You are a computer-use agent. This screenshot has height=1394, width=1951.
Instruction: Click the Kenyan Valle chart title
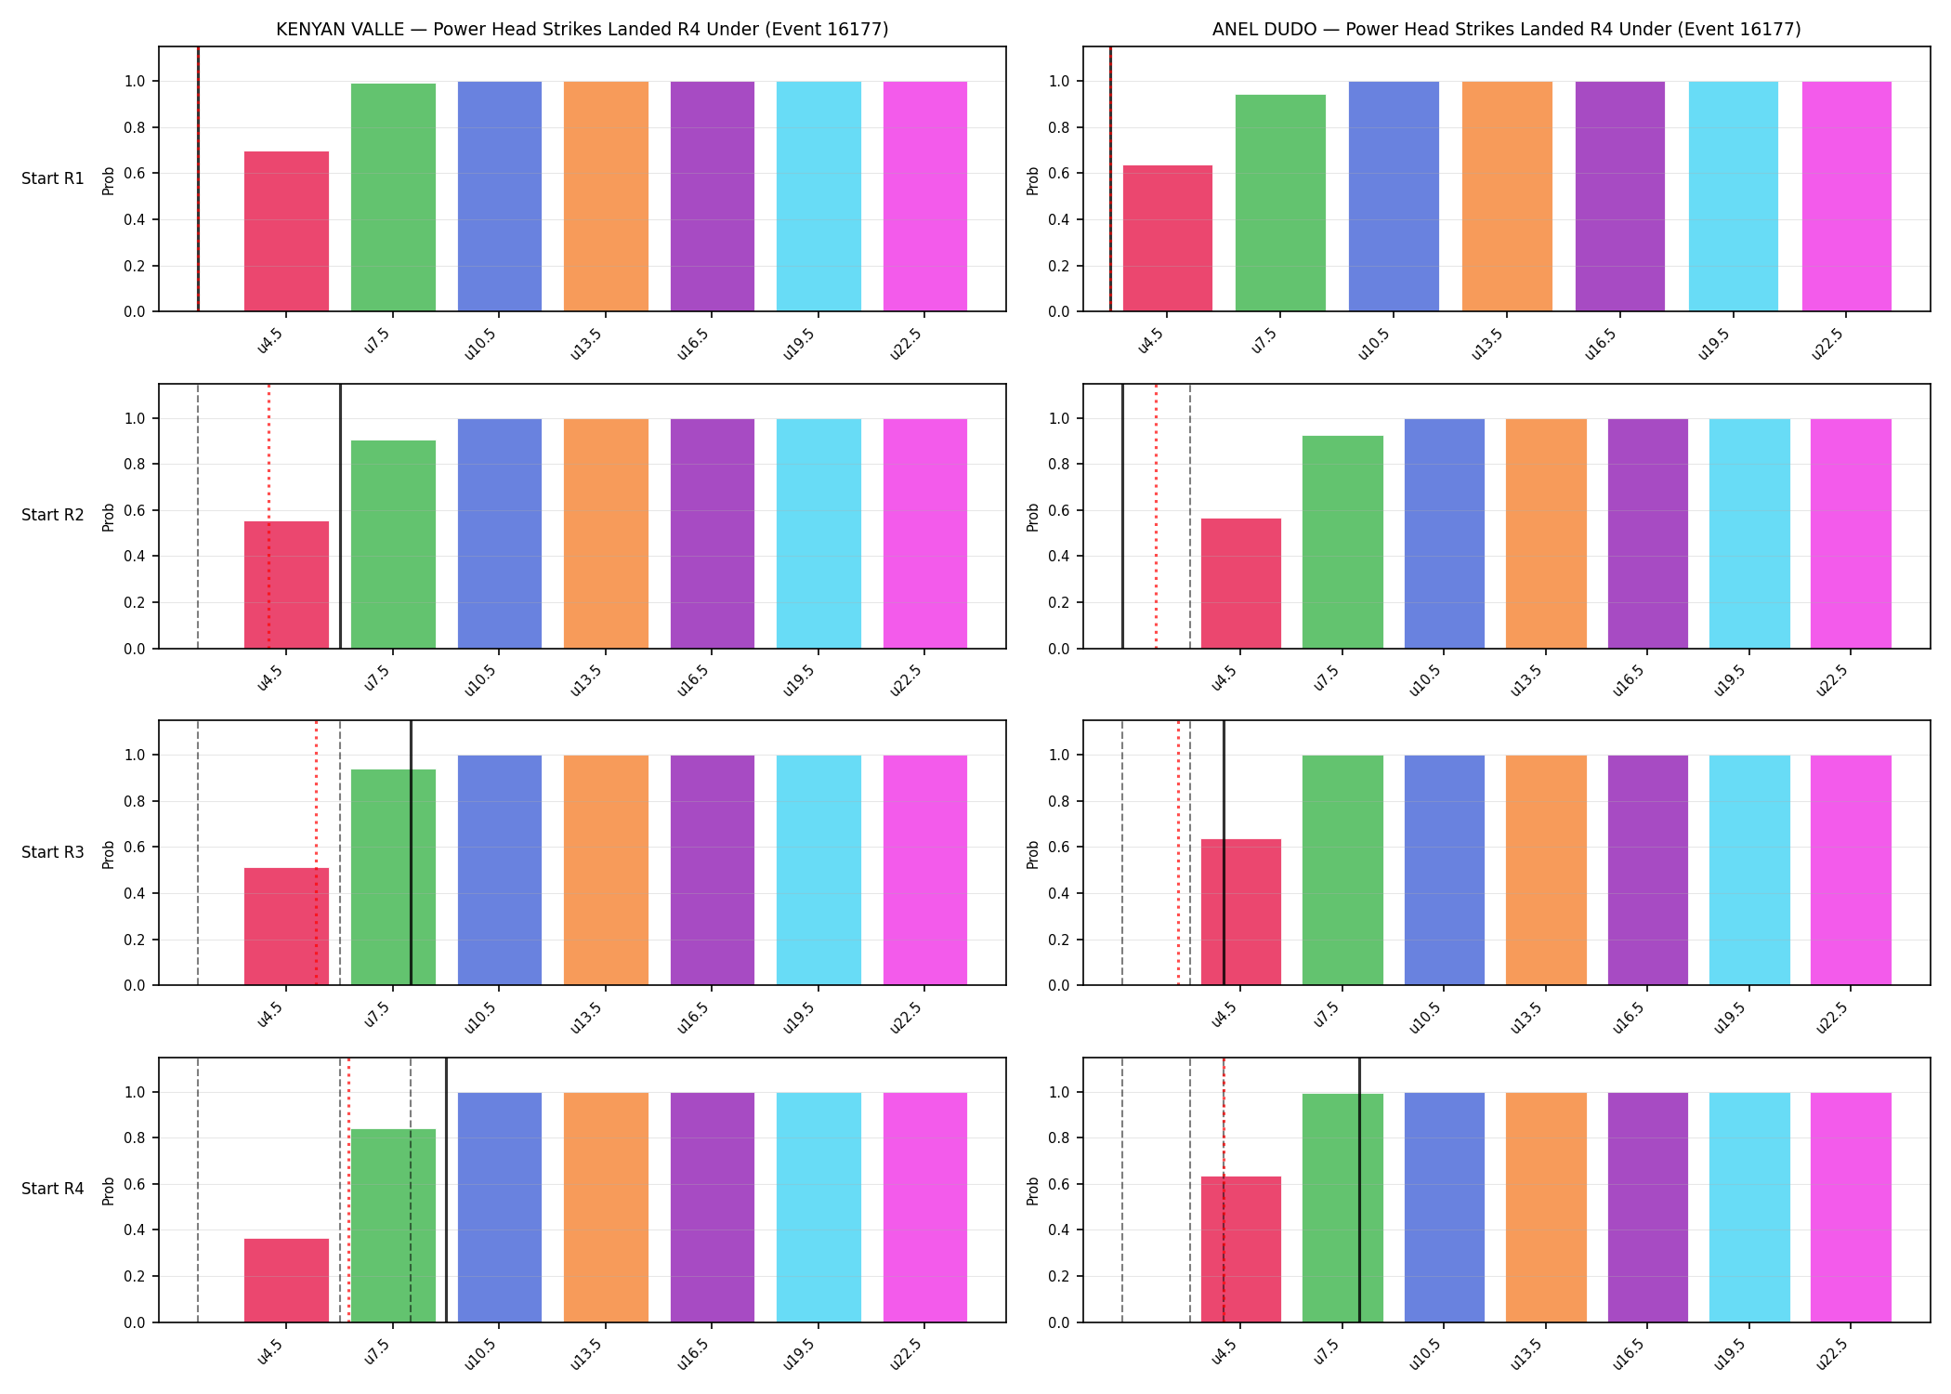[582, 29]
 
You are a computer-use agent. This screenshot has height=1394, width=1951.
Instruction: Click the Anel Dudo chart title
[1506, 29]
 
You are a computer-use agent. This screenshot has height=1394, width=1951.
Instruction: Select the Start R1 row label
[53, 178]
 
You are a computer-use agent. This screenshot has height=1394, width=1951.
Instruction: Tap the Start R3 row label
[53, 852]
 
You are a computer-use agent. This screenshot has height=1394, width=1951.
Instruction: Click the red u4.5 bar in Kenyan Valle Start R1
[286, 231]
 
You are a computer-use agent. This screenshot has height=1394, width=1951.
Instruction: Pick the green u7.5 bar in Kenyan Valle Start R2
[393, 545]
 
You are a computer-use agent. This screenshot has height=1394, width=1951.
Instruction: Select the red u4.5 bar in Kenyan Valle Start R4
[286, 1281]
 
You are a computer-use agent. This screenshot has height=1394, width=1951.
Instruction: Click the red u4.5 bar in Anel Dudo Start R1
[1168, 239]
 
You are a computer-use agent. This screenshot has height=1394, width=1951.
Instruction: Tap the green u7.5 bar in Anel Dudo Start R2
[1342, 542]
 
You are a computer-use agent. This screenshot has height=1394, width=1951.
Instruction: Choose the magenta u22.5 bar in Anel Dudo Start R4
[1851, 1207]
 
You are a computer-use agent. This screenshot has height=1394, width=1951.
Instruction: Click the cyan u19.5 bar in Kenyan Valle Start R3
[818, 870]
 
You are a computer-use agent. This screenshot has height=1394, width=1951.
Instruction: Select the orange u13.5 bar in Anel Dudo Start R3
[1546, 870]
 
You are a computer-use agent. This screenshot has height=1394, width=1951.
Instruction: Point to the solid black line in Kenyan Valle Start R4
[446, 1190]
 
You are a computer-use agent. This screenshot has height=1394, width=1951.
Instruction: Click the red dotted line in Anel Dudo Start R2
[1156, 516]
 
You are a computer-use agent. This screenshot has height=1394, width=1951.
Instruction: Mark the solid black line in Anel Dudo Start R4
[1359, 1190]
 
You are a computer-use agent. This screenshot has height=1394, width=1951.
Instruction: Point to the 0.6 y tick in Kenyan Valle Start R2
[135, 510]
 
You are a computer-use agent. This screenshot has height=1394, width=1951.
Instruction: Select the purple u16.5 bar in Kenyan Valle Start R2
[713, 533]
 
